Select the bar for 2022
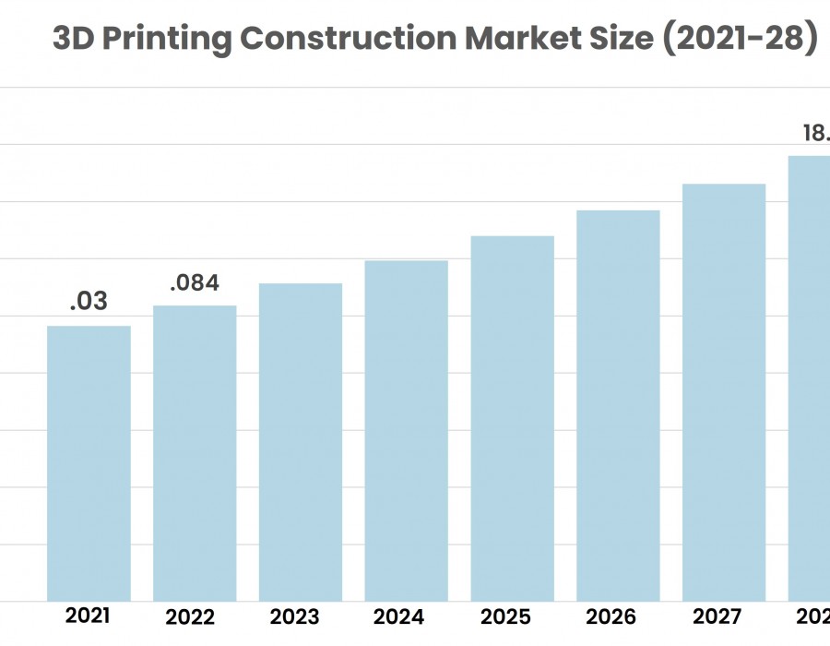tap(195, 453)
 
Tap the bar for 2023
tap(301, 442)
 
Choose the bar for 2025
tap(513, 419)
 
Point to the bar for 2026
tap(618, 406)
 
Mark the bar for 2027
tap(724, 392)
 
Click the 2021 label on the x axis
tap(89, 616)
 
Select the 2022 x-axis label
tap(190, 617)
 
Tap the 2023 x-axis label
tap(295, 617)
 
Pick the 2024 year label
tap(399, 617)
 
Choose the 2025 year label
tap(506, 617)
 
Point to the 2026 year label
tap(611, 617)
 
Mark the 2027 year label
tap(716, 617)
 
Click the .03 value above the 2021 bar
tap(89, 301)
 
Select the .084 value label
tap(195, 282)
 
